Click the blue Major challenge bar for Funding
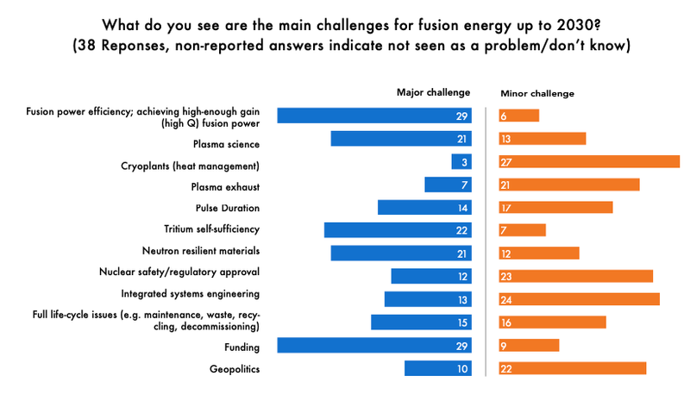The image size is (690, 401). pos(374,345)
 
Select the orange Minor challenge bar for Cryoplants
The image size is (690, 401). pos(589,161)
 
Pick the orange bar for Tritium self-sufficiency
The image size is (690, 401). pos(523,229)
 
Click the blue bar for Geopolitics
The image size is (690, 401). pos(437,368)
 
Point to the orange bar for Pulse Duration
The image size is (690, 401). pos(555,207)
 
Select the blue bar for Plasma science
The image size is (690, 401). pos(401,138)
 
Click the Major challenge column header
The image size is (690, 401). pos(433,92)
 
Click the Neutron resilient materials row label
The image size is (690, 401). pos(200,252)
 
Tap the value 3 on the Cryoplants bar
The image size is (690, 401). pos(464,161)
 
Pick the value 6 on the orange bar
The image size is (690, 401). pos(504,116)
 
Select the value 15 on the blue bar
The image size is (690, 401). pos(462,322)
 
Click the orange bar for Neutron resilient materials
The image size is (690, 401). pos(539,253)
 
